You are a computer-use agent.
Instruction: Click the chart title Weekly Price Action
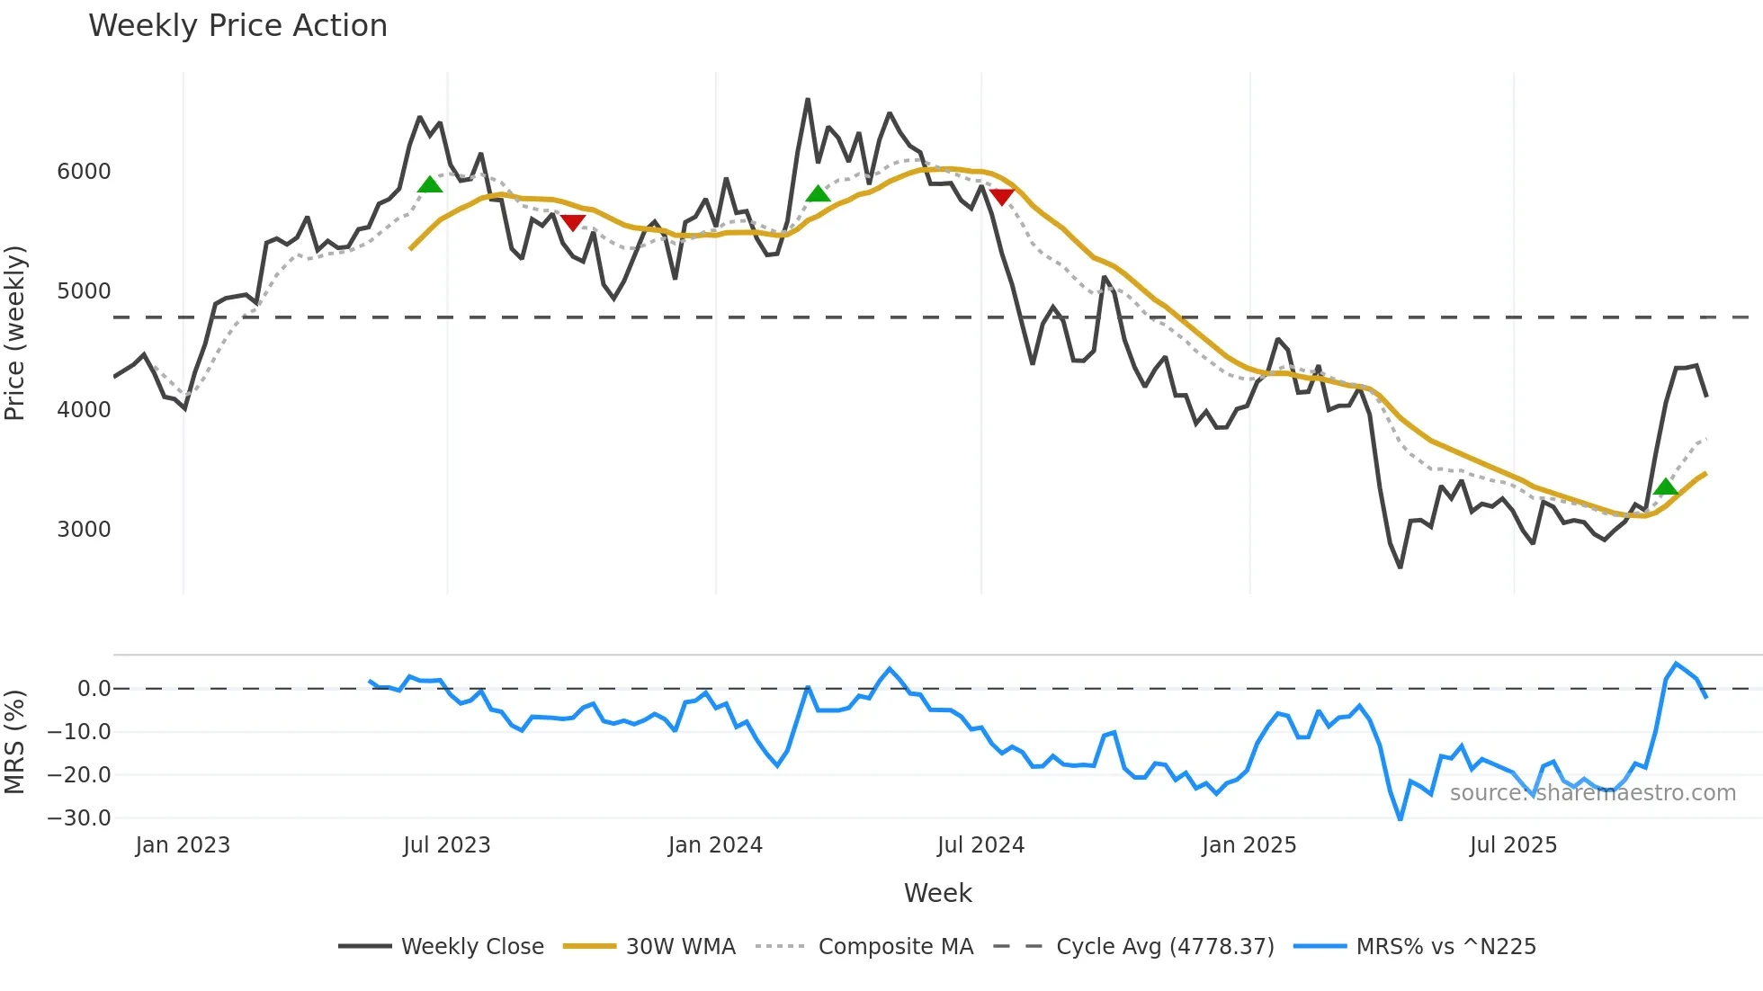coord(237,26)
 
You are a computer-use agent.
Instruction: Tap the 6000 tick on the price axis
coord(84,172)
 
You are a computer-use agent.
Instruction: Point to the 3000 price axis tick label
coord(84,529)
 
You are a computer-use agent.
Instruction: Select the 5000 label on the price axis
coord(84,291)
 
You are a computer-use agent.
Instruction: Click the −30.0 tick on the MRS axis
coord(79,818)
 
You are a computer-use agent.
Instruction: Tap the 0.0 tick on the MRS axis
coord(94,689)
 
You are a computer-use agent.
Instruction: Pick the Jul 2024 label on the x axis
coord(980,845)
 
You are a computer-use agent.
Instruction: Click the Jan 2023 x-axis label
coord(183,845)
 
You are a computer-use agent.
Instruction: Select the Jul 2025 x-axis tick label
coord(1513,845)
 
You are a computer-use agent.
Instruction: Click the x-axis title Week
coord(937,893)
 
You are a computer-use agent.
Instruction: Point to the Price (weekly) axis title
coord(15,333)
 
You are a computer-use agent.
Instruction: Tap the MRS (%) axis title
coord(15,742)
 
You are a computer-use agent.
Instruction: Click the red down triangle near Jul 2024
coord(1001,196)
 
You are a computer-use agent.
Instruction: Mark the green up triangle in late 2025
coord(1666,487)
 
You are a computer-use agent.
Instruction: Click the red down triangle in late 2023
coord(573,222)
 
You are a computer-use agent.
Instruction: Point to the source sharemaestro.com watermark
coord(1592,793)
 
